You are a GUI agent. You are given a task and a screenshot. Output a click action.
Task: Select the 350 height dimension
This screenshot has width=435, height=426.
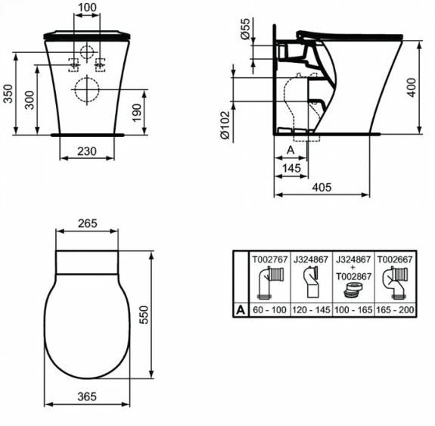coord(8,92)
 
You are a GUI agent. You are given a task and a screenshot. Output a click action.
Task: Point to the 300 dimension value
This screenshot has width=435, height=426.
coord(29,100)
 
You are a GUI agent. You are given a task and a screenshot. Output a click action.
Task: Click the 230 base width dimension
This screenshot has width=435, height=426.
coord(87,151)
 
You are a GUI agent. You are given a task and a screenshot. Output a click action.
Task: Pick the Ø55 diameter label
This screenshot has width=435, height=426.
coord(244,31)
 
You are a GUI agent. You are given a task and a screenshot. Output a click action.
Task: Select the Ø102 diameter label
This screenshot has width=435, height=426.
coord(224,120)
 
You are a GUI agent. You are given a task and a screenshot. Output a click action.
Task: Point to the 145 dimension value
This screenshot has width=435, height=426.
coord(291,166)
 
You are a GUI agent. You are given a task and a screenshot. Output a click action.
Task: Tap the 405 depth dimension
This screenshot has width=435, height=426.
coord(322,185)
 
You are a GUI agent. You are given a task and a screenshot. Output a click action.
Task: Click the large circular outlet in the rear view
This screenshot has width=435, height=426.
coord(87,91)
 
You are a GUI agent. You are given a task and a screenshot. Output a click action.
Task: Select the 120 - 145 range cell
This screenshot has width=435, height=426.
coord(310,310)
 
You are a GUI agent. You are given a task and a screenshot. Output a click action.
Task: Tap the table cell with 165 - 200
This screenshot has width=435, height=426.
coord(395,310)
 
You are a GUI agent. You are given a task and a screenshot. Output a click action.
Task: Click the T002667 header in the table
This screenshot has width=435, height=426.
coord(395,259)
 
